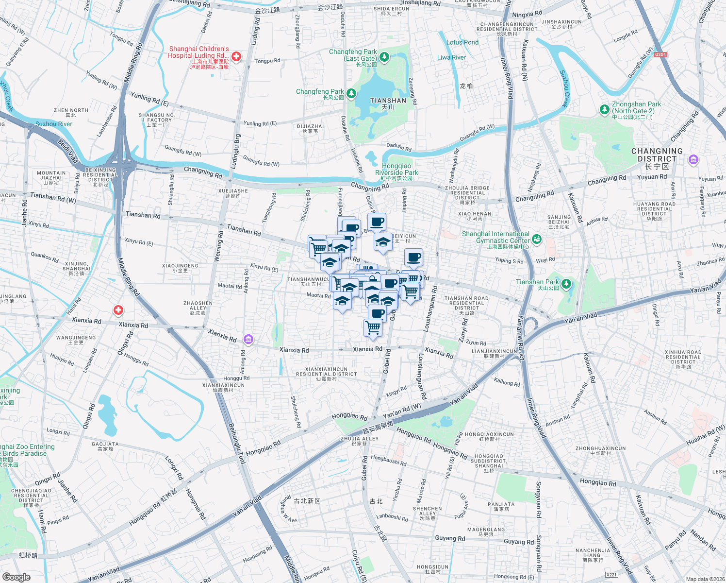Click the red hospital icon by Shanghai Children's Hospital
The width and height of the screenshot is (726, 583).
(x=236, y=57)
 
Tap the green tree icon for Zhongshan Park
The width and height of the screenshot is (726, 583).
(x=604, y=109)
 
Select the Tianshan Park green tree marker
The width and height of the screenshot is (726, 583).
(x=566, y=284)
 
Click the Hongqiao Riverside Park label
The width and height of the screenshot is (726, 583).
(x=396, y=170)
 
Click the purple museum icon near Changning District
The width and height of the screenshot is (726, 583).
(x=693, y=160)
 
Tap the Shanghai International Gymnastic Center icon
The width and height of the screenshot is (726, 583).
(x=536, y=239)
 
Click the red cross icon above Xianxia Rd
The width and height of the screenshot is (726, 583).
(x=118, y=310)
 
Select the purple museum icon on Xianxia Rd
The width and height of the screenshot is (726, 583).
(x=248, y=339)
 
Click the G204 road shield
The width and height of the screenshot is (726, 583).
(x=660, y=54)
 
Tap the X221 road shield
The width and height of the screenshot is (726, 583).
(x=611, y=575)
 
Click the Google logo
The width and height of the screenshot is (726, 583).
(x=16, y=577)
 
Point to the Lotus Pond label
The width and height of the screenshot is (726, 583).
(x=462, y=42)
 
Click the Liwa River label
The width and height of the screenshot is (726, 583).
(x=451, y=57)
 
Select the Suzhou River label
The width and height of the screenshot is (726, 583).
(x=53, y=124)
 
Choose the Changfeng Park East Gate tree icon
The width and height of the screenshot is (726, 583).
(x=384, y=57)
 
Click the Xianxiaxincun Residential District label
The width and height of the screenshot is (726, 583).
(x=326, y=372)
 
